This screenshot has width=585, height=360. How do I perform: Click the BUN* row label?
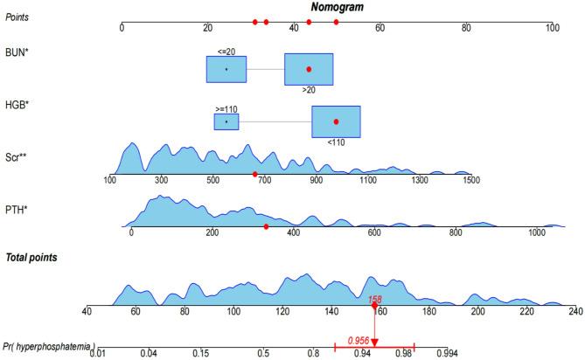(x=16, y=53)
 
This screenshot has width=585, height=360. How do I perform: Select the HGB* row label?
(x=17, y=105)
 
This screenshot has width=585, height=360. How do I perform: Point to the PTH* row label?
(x=16, y=207)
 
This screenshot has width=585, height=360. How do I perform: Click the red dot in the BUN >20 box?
(x=309, y=69)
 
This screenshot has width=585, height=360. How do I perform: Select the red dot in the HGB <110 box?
(x=336, y=121)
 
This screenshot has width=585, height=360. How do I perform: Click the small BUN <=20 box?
(x=226, y=69)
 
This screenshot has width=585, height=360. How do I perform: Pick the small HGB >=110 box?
(x=226, y=121)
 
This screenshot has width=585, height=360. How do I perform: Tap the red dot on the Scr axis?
(x=255, y=174)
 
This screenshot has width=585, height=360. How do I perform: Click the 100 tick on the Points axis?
(x=552, y=28)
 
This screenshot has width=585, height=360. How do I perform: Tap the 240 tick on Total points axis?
(x=575, y=310)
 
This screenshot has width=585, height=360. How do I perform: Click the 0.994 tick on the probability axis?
(x=447, y=352)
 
